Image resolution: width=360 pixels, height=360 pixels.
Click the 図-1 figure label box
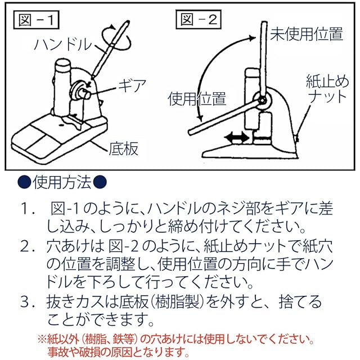(36, 20)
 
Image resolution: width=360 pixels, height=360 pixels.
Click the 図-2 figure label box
(199, 19)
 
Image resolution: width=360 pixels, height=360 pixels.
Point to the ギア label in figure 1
(132, 85)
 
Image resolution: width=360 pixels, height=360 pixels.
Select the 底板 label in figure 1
(124, 148)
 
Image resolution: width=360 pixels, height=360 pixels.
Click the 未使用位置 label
(307, 34)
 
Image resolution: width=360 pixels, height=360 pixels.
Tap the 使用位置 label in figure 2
(197, 99)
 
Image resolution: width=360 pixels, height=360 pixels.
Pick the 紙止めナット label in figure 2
(327, 89)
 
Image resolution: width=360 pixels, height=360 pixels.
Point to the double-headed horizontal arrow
(237, 138)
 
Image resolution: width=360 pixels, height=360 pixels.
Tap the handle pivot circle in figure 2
(262, 100)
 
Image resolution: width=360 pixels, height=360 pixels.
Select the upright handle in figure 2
(264, 60)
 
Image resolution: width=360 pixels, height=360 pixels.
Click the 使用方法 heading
(62, 183)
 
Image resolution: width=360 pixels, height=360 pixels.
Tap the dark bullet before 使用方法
(24, 183)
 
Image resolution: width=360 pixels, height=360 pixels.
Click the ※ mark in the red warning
(42, 340)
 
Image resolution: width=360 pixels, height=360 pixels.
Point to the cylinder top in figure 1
(62, 64)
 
